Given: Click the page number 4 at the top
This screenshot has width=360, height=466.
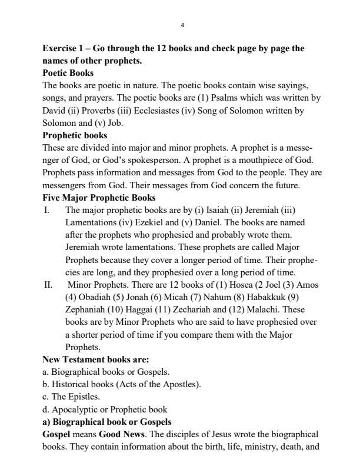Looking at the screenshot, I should (x=182, y=25).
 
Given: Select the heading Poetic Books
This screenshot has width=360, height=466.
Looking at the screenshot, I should (x=68, y=73).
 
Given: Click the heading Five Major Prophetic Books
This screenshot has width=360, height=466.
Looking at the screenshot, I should (x=99, y=197).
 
